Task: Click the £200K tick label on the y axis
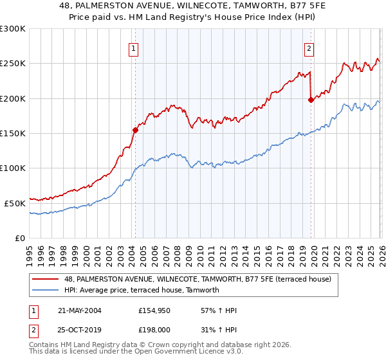13,99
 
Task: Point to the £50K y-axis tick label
15,203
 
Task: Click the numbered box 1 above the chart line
133,48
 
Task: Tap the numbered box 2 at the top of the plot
309,48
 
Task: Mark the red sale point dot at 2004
136,130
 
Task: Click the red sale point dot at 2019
311,100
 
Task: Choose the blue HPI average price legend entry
142,290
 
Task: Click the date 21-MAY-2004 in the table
79,310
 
